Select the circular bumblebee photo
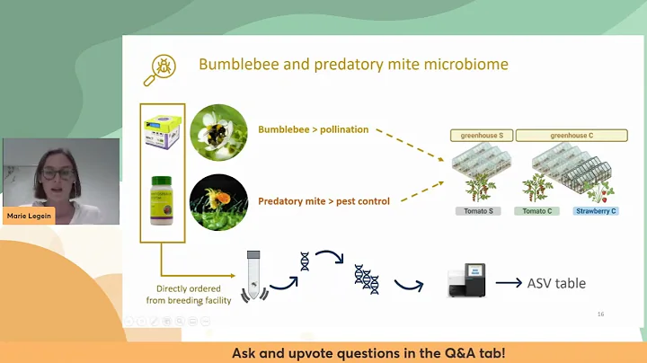pos(218,132)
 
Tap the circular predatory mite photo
pos(218,201)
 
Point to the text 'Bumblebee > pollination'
pos(313,129)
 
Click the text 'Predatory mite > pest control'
pos(323,201)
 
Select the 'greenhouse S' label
pos(481,136)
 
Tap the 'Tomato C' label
pos(539,211)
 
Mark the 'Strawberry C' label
pos(595,211)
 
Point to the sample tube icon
pos(254,271)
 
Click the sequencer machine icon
pos(468,281)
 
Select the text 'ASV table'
pos(557,283)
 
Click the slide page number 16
pos(600,314)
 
